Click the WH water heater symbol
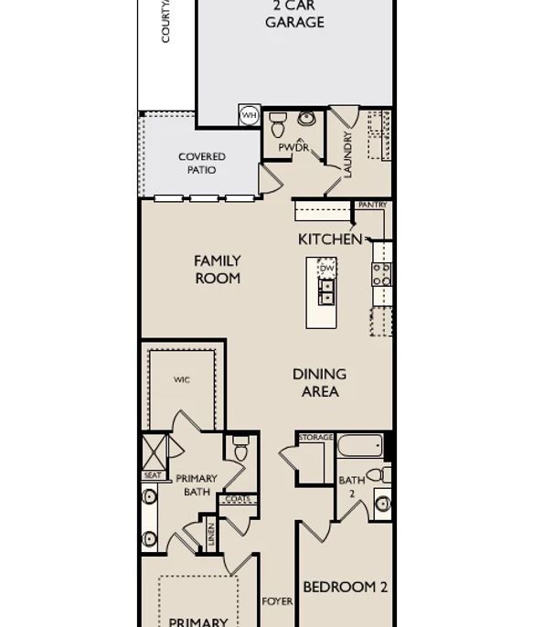point(250,116)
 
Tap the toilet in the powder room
point(278,124)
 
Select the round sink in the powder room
point(306,119)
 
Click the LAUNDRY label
point(347,154)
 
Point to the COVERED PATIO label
point(202,164)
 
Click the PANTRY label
point(372,206)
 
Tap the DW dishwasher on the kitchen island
point(327,268)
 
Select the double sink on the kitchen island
point(326,292)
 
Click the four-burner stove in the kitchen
point(382,275)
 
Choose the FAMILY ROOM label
point(218,270)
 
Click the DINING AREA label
point(319,383)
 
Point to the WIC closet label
point(182,380)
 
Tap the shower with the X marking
point(154,452)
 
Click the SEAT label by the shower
point(153,475)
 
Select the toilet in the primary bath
point(241,450)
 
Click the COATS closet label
point(238,499)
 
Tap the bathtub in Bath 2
point(359,448)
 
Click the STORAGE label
point(315,439)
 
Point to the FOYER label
point(278,601)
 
